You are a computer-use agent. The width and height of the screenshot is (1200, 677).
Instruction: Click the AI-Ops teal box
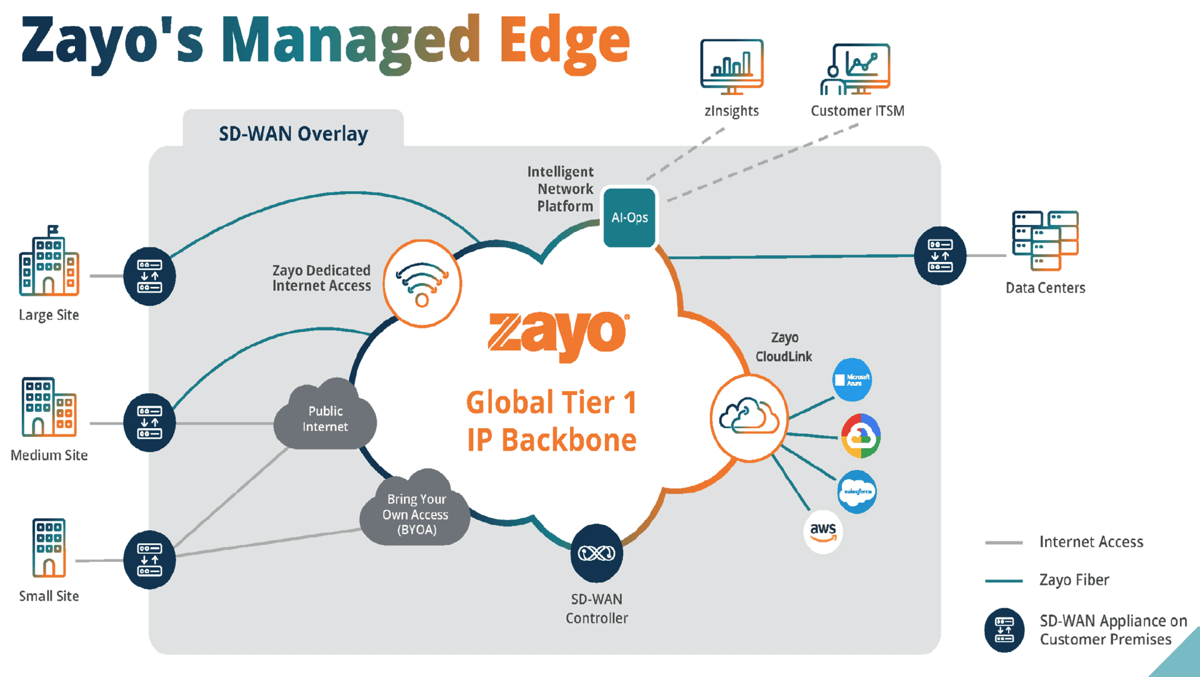click(x=629, y=218)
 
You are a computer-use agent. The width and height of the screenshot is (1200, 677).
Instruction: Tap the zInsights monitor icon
click(x=732, y=66)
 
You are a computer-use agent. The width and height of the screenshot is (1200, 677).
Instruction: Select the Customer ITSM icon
click(x=856, y=69)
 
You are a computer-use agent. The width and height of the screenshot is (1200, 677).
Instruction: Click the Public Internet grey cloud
click(x=325, y=418)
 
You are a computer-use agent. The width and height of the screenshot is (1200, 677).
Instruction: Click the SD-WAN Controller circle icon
click(x=596, y=553)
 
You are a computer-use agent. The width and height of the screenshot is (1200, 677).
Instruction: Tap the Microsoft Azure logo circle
click(x=852, y=379)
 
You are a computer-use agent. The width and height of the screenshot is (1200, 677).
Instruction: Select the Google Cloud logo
click(x=861, y=436)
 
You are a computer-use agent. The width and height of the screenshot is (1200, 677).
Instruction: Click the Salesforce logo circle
click(x=857, y=491)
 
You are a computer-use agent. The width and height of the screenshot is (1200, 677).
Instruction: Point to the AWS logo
click(x=822, y=531)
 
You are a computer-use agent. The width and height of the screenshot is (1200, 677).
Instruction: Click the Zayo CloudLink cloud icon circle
click(x=749, y=418)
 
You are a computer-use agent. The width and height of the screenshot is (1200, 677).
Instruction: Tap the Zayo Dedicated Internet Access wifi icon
click(x=422, y=283)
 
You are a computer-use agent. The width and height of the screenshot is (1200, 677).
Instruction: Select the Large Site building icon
click(x=49, y=263)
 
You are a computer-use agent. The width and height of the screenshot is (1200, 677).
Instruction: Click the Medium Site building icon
click(x=49, y=407)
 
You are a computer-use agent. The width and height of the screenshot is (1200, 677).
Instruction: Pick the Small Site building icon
click(x=49, y=548)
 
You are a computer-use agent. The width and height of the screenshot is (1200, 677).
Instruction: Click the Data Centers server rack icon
click(x=1045, y=241)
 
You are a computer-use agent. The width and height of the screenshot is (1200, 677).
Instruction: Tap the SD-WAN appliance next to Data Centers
click(x=939, y=256)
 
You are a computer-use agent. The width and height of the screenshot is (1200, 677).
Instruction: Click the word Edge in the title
click(x=564, y=43)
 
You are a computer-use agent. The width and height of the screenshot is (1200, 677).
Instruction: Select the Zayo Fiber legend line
click(x=1004, y=581)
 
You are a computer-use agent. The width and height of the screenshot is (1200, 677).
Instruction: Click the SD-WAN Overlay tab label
click(x=293, y=133)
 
